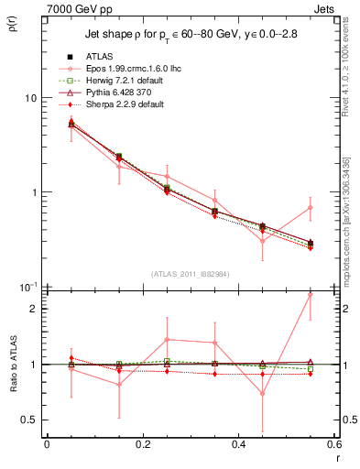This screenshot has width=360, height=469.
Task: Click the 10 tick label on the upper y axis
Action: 29,98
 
